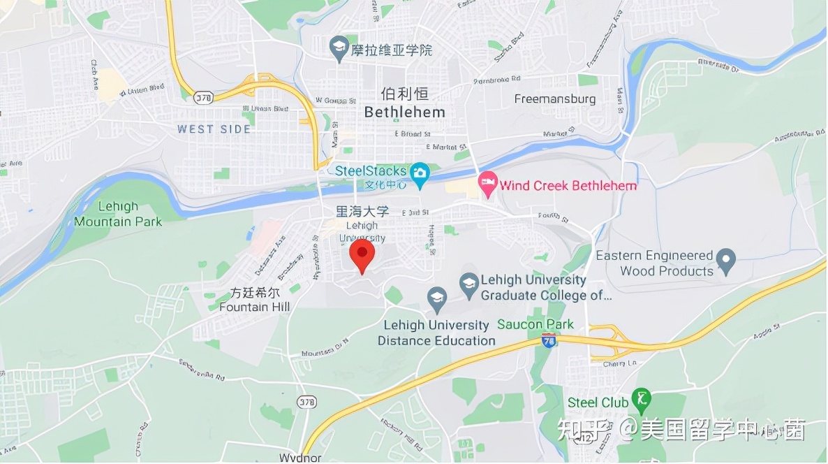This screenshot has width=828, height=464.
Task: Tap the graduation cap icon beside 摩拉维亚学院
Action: (339, 49)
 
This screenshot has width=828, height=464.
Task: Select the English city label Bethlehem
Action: (405, 112)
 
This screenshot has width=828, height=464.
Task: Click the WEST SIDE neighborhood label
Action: (214, 129)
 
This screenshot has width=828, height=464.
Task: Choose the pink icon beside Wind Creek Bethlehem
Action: (487, 185)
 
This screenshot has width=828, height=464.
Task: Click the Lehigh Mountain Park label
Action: (118, 214)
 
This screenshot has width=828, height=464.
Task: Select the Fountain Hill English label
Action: (254, 307)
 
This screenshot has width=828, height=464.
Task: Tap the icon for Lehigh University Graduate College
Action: (469, 284)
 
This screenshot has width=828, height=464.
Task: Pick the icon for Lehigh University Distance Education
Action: (438, 298)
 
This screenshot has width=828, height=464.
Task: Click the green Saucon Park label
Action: (535, 324)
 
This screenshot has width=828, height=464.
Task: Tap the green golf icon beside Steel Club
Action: (640, 400)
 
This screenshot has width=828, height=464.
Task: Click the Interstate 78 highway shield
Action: (549, 341)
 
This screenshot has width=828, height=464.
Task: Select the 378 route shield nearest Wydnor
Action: (306, 402)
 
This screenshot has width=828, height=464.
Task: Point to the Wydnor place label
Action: (300, 458)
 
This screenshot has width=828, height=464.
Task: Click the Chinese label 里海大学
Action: (362, 211)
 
